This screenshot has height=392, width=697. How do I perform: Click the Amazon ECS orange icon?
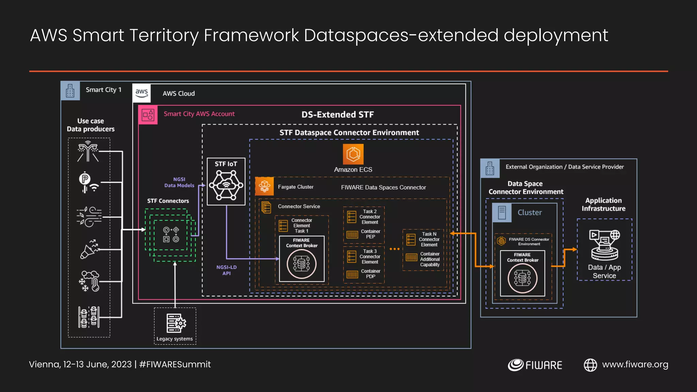pos(353,154)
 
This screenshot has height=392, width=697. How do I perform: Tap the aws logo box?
pos(142,93)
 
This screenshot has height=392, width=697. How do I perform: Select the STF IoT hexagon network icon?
pos(226,185)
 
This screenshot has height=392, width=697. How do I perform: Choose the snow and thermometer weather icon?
pos(89,281)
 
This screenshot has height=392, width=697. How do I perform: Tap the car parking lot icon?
pos(89,317)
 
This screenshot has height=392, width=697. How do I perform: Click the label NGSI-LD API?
pos(226,270)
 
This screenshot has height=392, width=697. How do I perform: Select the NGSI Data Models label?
pos(179,182)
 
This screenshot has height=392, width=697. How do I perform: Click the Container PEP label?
pos(370,234)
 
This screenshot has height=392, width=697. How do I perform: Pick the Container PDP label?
pos(370,274)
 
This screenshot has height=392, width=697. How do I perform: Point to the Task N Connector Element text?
pos(429,239)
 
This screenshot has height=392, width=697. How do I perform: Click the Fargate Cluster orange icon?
pos(264,186)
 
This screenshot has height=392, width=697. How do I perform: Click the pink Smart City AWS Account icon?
pos(148,115)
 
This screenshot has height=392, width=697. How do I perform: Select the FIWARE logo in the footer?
pos(535,365)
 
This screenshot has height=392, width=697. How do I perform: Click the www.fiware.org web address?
pos(635,364)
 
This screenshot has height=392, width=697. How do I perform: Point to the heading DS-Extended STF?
pos(337,115)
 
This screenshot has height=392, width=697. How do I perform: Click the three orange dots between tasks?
pos(394,249)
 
